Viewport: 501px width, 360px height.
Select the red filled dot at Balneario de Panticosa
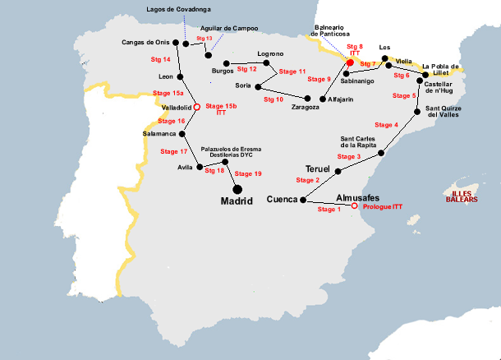[x=350, y=62]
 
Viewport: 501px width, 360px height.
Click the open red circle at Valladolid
[x=196, y=107]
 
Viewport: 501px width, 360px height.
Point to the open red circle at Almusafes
[x=355, y=206]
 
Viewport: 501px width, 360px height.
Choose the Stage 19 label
[x=248, y=173]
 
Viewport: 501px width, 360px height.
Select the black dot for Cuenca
[x=303, y=200]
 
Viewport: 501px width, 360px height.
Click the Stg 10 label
[x=273, y=99]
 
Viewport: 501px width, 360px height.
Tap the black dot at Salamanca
[x=182, y=133]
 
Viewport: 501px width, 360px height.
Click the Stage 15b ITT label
[x=221, y=108]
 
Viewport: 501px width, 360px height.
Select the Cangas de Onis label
[x=145, y=42]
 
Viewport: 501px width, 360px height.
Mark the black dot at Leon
[x=181, y=77]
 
